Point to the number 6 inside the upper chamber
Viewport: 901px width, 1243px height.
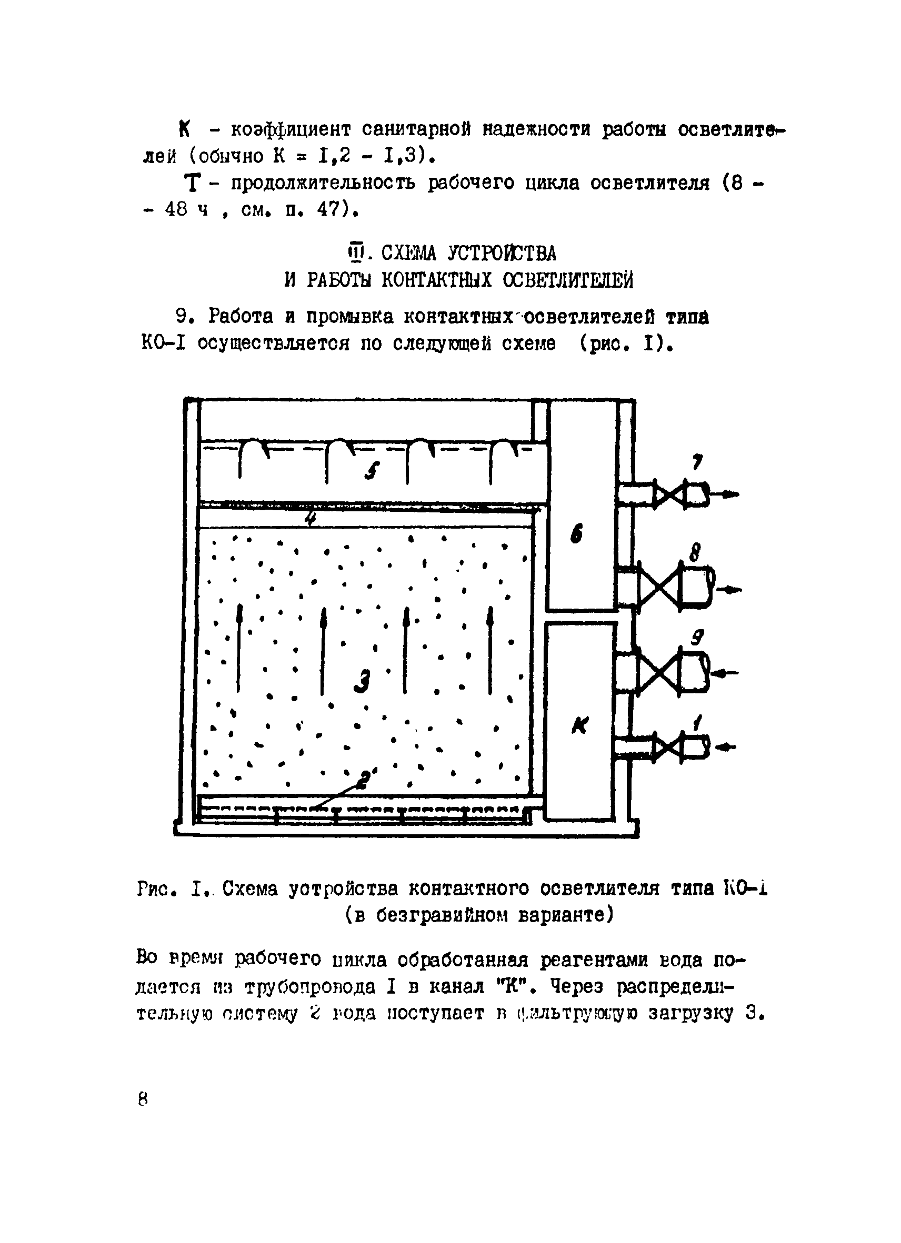[576, 533]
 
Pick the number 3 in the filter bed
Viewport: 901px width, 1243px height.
[362, 682]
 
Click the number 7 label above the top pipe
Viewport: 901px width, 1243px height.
[697, 462]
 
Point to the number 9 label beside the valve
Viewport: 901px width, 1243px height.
[697, 638]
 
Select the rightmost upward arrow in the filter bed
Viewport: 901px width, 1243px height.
[490, 650]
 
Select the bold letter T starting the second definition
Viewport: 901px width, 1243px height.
[192, 184]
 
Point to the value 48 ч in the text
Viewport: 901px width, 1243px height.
[186, 210]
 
